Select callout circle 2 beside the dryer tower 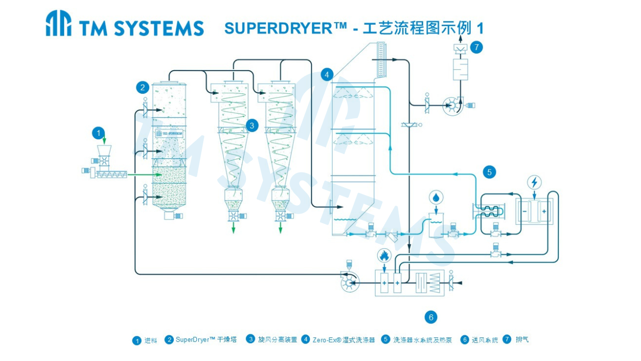coord(143,88)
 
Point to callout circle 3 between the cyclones coord(251,125)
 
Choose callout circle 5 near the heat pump coord(489,172)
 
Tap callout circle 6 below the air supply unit coord(430,317)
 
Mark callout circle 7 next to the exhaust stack coord(476,47)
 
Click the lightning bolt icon coord(535,182)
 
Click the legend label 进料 coord(151,340)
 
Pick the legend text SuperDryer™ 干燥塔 coord(206,340)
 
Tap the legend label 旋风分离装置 coord(277,340)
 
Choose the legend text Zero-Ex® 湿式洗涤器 coord(344,340)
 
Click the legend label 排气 coord(522,339)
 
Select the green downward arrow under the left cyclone coord(233,228)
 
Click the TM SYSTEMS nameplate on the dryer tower coord(169,133)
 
